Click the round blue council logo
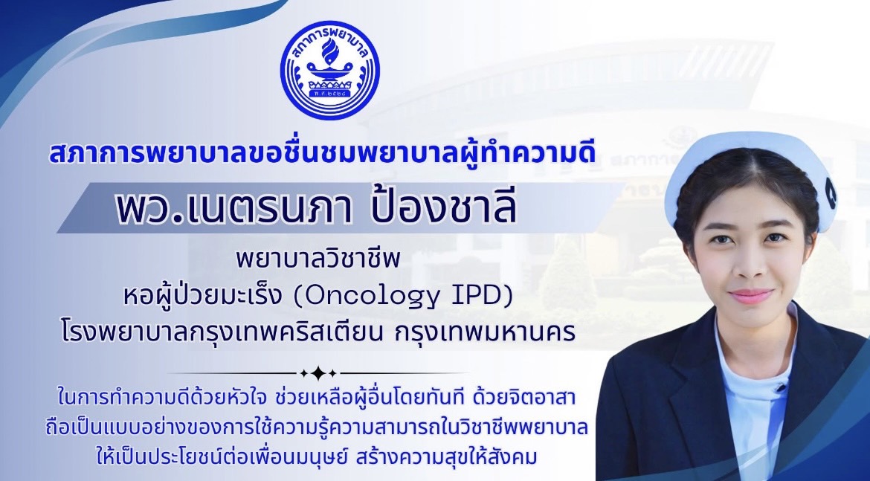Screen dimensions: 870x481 pos(329,70)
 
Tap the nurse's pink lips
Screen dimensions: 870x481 pos(750,295)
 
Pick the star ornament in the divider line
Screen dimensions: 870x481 pos(318,373)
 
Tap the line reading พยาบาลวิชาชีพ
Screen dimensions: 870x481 pos(318,259)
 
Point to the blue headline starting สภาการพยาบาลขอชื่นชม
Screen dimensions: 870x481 pos(322,152)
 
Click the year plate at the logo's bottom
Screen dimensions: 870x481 pos(329,95)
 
